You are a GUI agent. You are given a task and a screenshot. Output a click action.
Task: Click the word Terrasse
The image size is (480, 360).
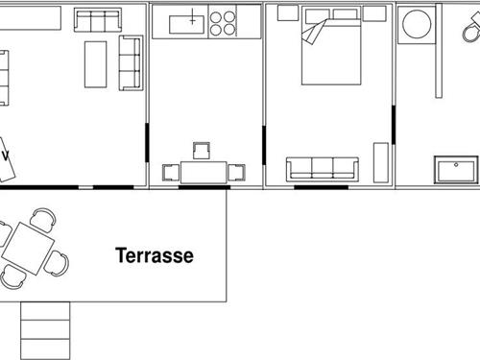pos(155,256)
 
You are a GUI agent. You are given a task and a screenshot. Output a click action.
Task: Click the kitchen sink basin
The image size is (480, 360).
pos(187,21)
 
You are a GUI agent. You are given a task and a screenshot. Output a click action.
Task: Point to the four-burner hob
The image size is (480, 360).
pos(223,22)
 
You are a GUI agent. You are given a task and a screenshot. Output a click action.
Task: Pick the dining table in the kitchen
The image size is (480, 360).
pos(202,173)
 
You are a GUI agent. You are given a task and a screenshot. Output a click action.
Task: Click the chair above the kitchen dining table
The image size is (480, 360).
pos(202,151)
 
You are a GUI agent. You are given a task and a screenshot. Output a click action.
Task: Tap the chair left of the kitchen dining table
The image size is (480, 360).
pos(171,173)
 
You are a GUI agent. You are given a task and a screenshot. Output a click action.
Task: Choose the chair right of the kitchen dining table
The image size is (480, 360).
pos(237,173)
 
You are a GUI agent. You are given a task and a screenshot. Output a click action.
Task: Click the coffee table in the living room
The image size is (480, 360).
pos(95,64)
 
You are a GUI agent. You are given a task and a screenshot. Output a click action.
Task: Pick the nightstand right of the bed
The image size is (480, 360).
pos(374,13)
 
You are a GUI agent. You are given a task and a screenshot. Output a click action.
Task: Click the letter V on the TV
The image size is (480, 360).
pos(6,156)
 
